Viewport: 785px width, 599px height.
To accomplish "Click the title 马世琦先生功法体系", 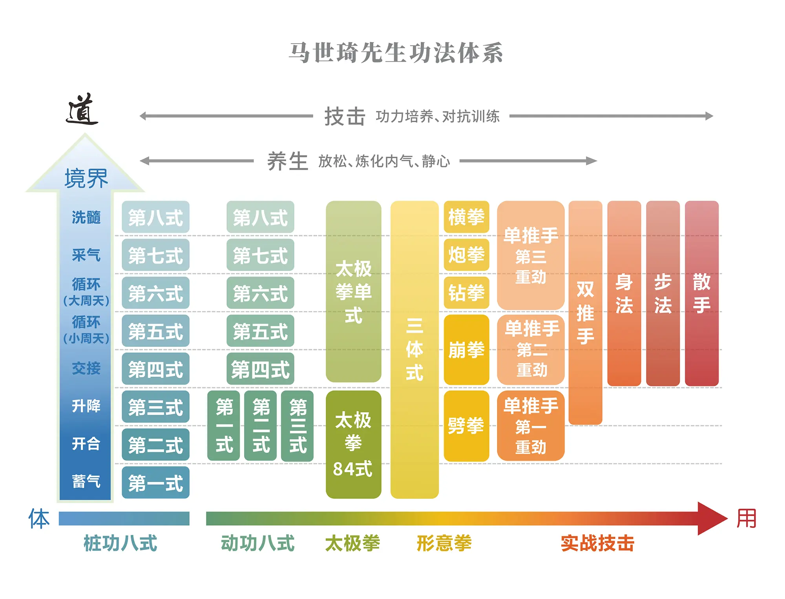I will tap(396, 53).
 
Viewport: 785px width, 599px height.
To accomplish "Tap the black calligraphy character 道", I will tap(82, 110).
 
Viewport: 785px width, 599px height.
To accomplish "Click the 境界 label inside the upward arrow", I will tap(86, 179).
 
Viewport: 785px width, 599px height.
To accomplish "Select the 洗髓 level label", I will tap(86, 217).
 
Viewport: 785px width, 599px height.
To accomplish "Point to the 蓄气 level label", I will tap(86, 482).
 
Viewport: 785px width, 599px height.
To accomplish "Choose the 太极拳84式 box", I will tap(353, 444).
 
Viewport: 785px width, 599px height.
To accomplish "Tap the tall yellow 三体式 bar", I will tap(414, 350).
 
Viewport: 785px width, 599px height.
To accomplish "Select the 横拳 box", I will tap(466, 217).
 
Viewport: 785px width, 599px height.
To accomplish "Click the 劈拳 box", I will tap(466, 426).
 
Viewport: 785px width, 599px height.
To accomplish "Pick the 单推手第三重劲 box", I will tap(531, 255).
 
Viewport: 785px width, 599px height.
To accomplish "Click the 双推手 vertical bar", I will tap(585, 313).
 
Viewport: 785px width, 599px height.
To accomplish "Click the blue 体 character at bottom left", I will tap(39, 518).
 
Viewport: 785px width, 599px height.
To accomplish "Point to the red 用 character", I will tap(746, 518).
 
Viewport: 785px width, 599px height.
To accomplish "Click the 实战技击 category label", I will tap(597, 544).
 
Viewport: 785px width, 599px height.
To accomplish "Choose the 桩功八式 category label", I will tap(120, 544).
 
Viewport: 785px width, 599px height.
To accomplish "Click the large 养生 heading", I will tap(288, 161).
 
